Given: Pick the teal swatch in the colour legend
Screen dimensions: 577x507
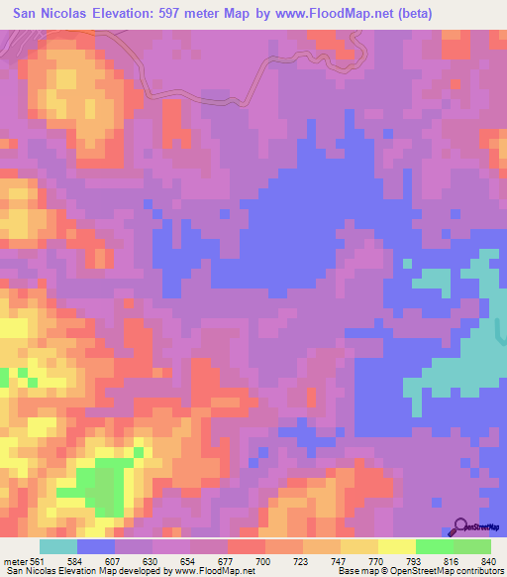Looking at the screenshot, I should pyautogui.click(x=58, y=546).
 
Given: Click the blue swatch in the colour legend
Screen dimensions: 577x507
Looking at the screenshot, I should pyautogui.click(x=96, y=546).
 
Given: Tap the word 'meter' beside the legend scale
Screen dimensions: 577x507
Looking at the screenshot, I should pyautogui.click(x=16, y=562).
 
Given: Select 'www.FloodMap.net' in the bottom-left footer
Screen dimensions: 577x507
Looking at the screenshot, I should pyautogui.click(x=214, y=572).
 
